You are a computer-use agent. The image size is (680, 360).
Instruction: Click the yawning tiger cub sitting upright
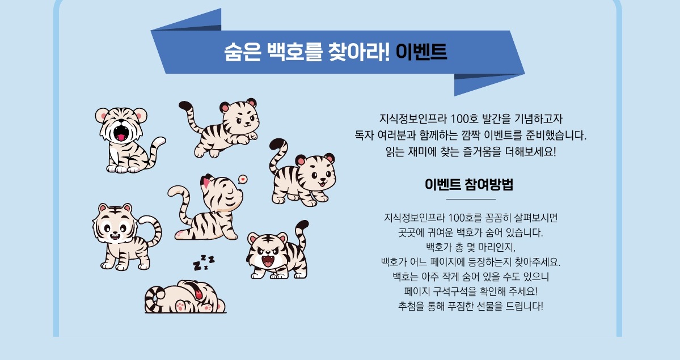[128, 139]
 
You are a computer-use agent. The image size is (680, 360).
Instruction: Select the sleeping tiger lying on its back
[185, 297]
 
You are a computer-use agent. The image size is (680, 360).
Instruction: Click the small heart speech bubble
[243, 179]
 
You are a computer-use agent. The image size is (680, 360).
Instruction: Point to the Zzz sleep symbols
[204, 263]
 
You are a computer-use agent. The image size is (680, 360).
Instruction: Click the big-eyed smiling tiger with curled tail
[126, 237]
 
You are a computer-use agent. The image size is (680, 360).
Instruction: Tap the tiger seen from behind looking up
[206, 207]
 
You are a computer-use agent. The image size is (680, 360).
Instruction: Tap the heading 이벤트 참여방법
[469, 184]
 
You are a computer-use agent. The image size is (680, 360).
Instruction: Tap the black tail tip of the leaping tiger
[185, 105]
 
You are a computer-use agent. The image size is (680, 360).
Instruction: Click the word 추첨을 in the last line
[410, 306]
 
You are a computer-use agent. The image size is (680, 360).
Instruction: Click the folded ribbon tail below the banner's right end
[482, 84]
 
